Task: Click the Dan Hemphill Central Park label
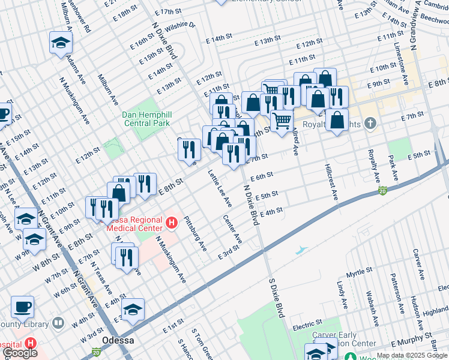(x=146, y=119)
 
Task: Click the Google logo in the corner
(x=20, y=353)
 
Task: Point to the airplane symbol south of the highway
(x=301, y=249)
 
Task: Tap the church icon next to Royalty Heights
(x=370, y=124)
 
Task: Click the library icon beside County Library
(x=58, y=323)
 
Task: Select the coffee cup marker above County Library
(x=22, y=307)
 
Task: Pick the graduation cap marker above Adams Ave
(x=61, y=43)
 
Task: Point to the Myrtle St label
(x=360, y=273)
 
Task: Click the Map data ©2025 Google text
(x=412, y=355)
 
